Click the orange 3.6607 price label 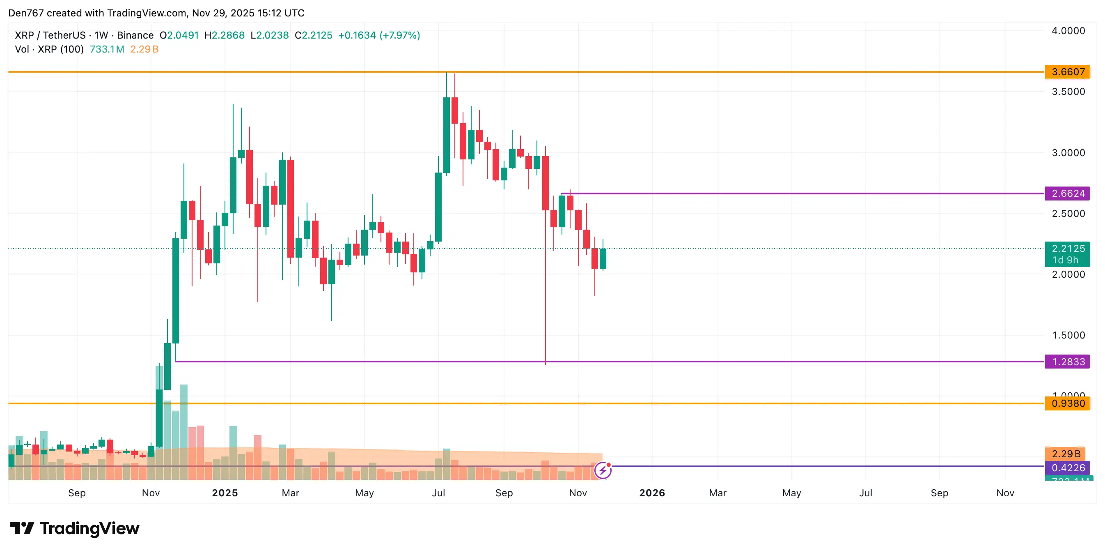pos(1068,72)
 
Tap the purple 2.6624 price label pos(1068,194)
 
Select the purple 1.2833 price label pos(1068,362)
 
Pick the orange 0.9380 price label pos(1068,403)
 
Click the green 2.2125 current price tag pos(1068,249)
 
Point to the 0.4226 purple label pos(1068,468)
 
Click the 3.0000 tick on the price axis pos(1068,153)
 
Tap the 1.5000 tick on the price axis pos(1068,335)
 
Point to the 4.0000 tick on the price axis pos(1068,31)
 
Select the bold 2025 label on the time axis pos(225,493)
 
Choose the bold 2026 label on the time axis pos(652,493)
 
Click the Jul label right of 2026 pos(865,493)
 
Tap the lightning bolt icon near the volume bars pos(603,470)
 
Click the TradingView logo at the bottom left pos(75,528)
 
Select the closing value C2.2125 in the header pos(314,35)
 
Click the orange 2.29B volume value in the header pos(144,49)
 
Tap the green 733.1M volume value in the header pos(107,49)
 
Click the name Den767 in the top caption pos(26,13)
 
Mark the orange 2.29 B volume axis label pos(1066,454)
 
